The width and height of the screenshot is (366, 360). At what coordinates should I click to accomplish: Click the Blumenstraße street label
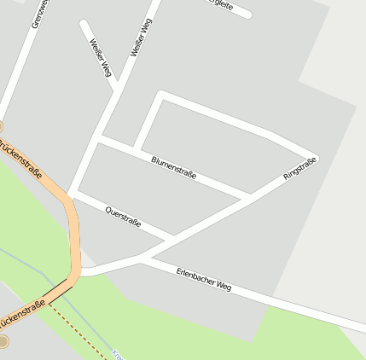173,167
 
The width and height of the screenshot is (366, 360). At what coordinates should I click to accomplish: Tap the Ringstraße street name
299,169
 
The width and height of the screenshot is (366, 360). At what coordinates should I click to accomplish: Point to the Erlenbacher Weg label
204,279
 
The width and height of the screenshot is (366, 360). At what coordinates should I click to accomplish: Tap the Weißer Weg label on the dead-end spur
100,55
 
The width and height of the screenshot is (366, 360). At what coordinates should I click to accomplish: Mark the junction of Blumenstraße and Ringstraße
249,196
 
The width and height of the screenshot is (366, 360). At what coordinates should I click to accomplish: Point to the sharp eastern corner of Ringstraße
316,158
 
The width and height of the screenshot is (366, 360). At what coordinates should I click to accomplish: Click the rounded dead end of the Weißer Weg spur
83,23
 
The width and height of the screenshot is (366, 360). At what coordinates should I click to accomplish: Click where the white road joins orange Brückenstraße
80,272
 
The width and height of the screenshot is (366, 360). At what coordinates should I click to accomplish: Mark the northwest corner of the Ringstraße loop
160,94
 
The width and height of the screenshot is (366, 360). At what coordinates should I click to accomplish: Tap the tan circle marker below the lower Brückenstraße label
3,341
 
